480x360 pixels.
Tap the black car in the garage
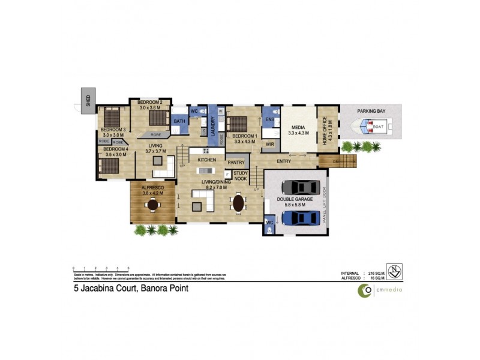298,187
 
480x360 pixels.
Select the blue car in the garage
298,217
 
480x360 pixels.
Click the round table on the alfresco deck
153,205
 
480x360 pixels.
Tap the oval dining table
238,203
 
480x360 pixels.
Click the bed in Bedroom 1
237,123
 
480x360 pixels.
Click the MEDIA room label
298,127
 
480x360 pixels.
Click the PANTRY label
236,162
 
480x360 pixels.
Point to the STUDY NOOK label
241,176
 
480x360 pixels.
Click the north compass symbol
394,272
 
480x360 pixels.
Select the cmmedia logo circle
365,290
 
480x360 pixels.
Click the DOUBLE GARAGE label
291,200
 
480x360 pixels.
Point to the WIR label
270,144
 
